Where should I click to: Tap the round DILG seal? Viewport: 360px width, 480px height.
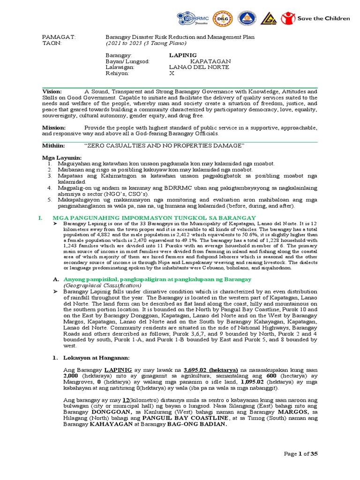coord(221,19)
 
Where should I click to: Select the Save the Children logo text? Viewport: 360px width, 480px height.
coord(323,18)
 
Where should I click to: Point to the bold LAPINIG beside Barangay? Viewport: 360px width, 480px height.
coord(183,55)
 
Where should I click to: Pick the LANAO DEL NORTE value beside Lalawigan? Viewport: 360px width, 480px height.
coord(199,67)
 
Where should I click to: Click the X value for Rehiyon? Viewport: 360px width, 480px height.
coord(171,74)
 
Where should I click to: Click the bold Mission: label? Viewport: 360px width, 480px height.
coord(54,127)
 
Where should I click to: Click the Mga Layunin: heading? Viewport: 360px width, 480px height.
coord(62,157)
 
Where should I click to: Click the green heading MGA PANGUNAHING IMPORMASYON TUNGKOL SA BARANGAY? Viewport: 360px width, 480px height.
coord(154,218)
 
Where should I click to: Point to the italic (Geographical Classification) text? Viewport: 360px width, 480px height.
coord(102,285)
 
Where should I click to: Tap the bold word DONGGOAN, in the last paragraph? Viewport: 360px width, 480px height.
coord(106,412)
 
